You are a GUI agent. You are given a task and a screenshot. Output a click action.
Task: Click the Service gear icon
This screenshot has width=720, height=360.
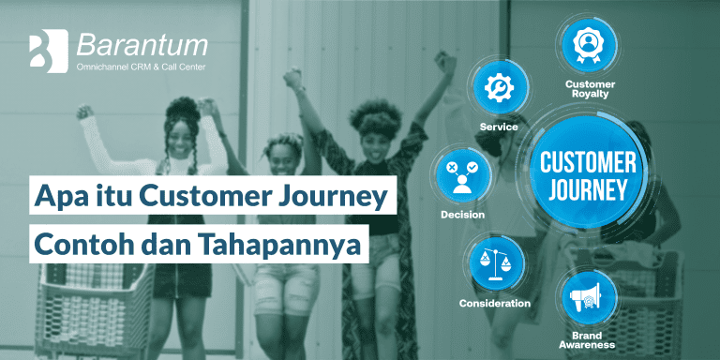tap(499, 87)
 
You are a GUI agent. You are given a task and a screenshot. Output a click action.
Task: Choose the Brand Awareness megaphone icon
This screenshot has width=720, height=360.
tap(587, 297)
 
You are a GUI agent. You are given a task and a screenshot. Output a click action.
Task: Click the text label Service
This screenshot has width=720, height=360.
tap(499, 127)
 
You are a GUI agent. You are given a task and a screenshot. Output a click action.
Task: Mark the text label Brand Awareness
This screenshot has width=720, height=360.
tap(587, 339)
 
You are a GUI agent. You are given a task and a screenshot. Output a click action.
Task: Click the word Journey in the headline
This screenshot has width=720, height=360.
tap(339, 197)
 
